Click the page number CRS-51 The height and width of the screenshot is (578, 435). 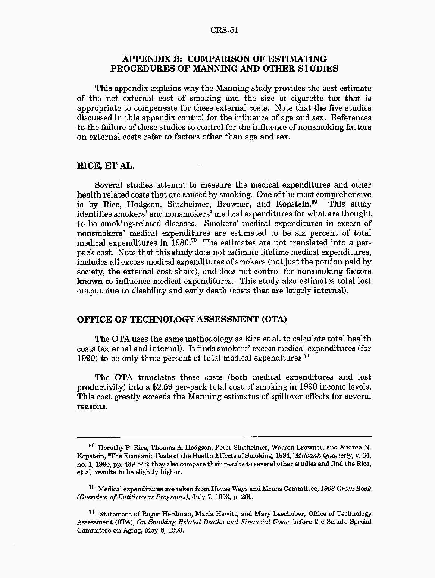224,30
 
